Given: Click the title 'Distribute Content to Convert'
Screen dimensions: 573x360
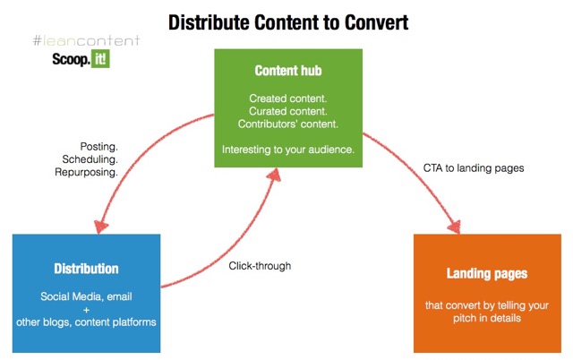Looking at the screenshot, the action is point(288,22).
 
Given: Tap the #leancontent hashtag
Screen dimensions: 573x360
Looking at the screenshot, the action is point(86,40).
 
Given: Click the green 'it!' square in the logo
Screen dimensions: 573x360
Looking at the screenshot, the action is point(100,59).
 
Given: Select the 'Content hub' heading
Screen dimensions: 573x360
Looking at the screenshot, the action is point(288,71).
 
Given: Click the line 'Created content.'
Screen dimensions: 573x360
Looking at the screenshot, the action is point(288,99).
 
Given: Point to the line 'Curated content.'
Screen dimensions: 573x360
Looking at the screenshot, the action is point(288,111).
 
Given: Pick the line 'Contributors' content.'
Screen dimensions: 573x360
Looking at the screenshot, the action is point(288,124).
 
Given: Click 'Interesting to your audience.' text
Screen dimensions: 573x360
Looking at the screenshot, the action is point(288,150).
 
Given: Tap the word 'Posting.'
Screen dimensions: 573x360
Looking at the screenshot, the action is point(99,147).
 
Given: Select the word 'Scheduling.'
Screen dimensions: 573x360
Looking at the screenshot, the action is point(90,159).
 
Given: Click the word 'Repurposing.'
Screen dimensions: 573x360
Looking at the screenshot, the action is point(86,172).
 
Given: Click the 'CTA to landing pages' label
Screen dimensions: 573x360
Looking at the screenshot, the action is point(474,168).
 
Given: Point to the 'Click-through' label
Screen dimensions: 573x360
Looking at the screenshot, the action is point(260,266).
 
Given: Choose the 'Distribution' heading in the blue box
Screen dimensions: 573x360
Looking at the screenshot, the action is point(86,269).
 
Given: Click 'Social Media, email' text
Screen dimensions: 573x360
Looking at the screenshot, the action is point(86,296).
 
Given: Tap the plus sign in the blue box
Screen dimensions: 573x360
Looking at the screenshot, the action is point(86,310).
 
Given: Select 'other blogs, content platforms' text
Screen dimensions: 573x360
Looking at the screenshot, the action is point(86,322).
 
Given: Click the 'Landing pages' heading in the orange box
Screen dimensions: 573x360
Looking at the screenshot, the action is point(487,273).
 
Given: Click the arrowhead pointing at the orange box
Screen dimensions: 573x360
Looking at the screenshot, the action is point(454,227).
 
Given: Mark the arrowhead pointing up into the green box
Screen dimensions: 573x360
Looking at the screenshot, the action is point(275,175).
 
